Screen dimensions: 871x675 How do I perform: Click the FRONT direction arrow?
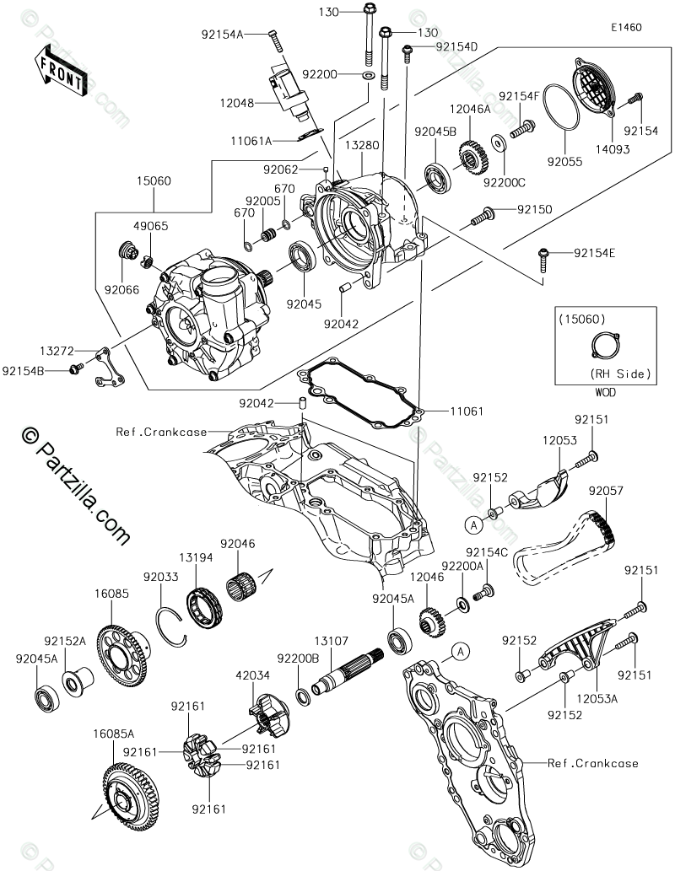(59, 71)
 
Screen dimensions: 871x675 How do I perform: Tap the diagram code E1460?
(627, 27)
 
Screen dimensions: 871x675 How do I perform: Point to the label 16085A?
(114, 734)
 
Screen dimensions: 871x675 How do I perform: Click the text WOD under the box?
(606, 392)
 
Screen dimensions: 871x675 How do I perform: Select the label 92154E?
(596, 252)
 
